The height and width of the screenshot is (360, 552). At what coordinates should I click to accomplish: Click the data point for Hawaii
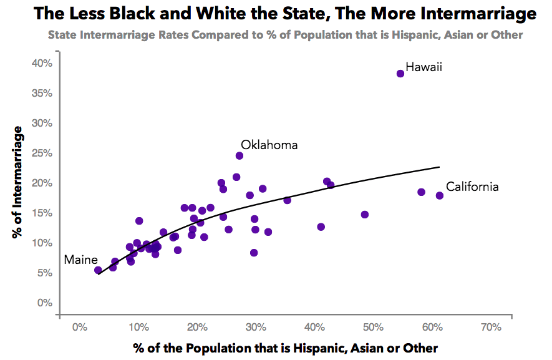(x=400, y=74)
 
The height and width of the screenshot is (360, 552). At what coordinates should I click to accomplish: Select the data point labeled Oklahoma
(x=240, y=155)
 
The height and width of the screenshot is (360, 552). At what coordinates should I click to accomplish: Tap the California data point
(x=440, y=195)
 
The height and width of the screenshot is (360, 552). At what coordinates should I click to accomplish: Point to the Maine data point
(x=98, y=270)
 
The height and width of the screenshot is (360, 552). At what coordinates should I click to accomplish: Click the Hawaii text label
(x=424, y=67)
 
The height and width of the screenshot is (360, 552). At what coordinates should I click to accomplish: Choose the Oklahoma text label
(x=269, y=145)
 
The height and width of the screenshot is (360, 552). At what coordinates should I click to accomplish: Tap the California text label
(x=472, y=186)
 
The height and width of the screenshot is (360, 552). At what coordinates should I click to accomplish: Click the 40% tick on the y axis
(x=42, y=63)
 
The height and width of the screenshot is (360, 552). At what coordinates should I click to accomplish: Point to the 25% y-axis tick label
(x=42, y=153)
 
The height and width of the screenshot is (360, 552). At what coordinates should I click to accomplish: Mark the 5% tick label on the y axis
(x=45, y=273)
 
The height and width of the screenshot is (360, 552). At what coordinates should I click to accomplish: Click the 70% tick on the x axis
(x=491, y=327)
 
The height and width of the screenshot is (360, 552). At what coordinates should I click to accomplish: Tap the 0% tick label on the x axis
(x=79, y=327)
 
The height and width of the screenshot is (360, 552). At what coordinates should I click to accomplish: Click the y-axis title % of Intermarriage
(x=18, y=182)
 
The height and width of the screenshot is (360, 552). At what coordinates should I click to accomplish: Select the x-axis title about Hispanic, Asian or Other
(x=285, y=348)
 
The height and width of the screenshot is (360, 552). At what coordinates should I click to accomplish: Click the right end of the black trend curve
(x=439, y=167)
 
